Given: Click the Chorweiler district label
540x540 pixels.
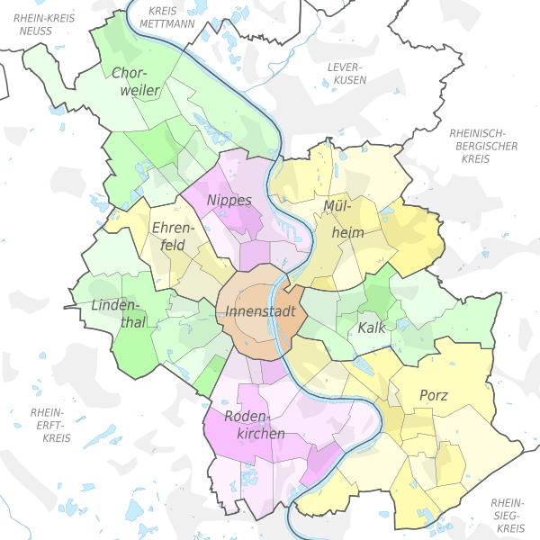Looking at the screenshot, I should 136,81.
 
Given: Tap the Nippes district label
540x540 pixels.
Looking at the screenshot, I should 229,200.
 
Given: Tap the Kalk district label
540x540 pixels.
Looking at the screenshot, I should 371,328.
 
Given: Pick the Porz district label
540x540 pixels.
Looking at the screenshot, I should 433,394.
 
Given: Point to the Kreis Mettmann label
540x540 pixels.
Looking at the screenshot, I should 168,17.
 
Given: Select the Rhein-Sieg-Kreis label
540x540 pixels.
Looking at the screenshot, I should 508,515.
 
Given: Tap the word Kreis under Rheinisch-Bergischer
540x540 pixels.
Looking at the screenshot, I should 474,158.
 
